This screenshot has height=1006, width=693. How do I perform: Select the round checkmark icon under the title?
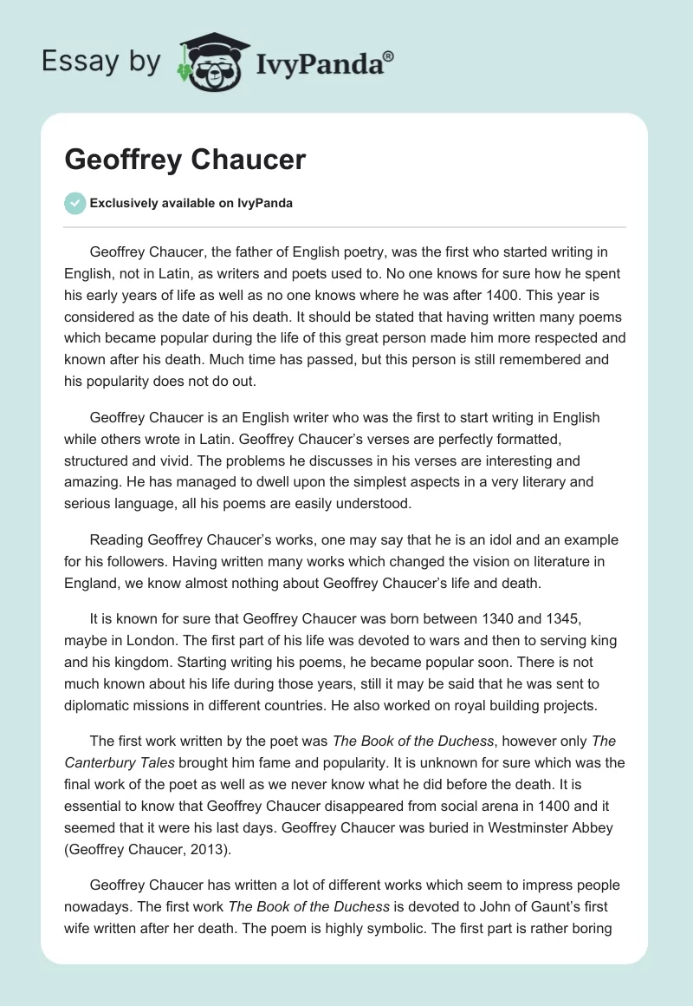[74, 203]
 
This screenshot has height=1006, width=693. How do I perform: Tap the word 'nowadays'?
[100, 906]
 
